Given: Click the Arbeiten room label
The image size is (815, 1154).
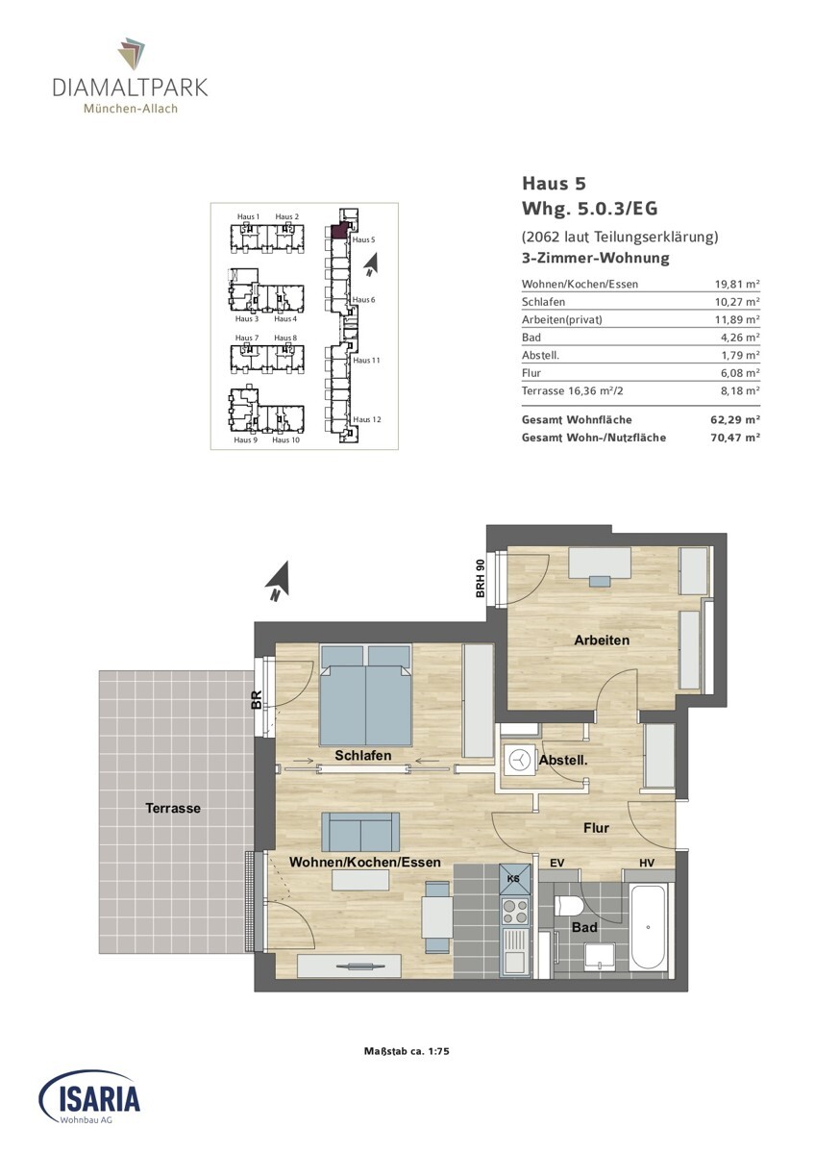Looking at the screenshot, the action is coord(602,640).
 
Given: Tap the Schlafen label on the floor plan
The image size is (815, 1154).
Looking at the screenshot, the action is coord(363,755).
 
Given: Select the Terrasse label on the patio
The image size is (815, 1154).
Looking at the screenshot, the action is coord(172,808).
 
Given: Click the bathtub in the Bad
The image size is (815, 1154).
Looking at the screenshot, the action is coord(649,927).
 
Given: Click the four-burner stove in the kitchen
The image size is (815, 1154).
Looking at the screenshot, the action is coord(515,912).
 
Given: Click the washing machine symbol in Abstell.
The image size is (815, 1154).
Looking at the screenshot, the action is coord(520,760).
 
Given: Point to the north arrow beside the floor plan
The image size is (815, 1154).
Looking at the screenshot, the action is coord(279,582).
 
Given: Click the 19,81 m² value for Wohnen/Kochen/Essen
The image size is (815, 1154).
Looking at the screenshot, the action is coord(737,284).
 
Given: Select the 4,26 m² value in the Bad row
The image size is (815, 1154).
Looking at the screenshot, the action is coord(741,338).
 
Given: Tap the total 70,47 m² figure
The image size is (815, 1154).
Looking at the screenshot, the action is coord(735,438).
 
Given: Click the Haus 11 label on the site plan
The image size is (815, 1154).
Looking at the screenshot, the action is coord(366,360).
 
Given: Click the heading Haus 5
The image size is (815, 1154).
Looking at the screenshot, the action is coord(554,183).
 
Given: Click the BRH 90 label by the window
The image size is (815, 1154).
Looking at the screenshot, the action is coord(481,579).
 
